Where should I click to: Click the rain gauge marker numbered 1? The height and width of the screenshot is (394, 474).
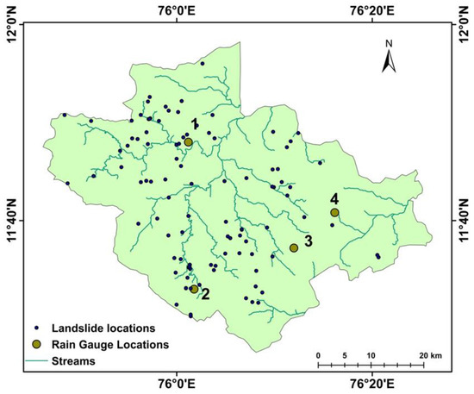tap(188, 142)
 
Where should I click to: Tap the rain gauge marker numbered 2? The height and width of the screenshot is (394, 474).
tap(195, 289)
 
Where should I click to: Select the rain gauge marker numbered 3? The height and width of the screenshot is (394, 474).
tap(294, 247)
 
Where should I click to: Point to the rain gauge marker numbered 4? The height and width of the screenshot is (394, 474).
tap(334, 212)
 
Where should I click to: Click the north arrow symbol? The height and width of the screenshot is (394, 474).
tap(389, 61)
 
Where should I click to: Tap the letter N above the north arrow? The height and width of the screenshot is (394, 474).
tap(390, 42)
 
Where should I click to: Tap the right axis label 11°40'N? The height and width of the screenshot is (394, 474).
tap(464, 219)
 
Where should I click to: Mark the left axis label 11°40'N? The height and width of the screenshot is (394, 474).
tap(11, 219)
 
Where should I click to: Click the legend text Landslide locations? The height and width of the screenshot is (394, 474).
tap(103, 328)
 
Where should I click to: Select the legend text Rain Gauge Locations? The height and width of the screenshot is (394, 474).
tap(109, 345)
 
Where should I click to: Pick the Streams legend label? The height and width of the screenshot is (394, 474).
tap(72, 361)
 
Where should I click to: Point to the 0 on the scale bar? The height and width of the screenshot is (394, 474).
tap(318, 355)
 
